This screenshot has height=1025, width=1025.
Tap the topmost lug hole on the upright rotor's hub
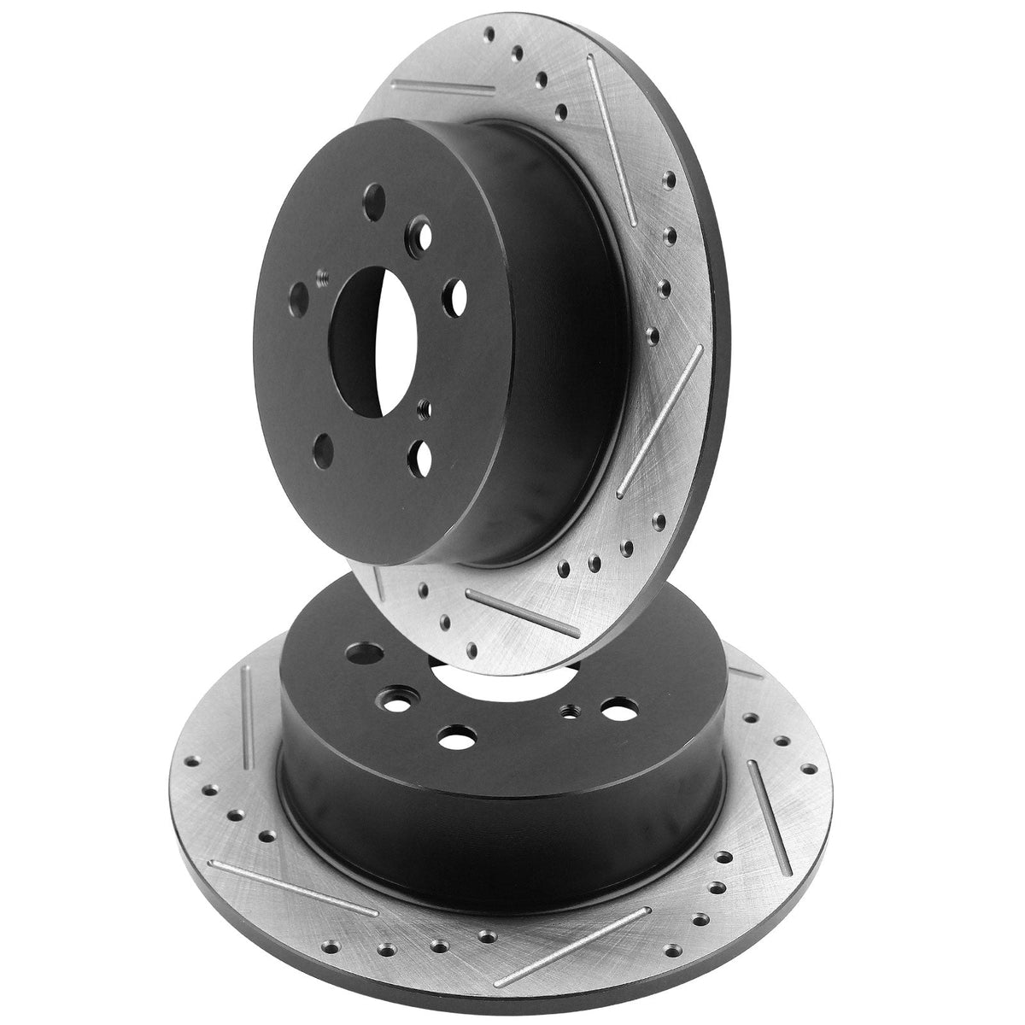pyautogui.click(x=374, y=205)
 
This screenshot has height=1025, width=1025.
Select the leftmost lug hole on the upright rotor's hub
pyautogui.click(x=298, y=298)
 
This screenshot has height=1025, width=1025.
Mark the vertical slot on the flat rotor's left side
pyautogui.click(x=247, y=717)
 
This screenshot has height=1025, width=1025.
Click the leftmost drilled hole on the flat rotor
pyautogui.click(x=184, y=761)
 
